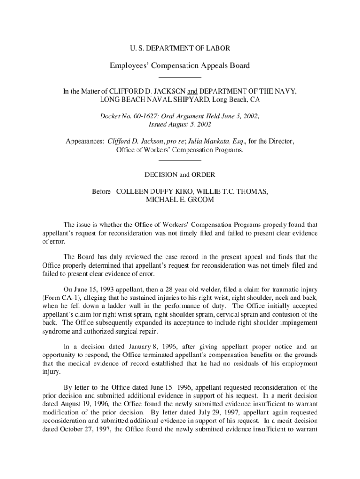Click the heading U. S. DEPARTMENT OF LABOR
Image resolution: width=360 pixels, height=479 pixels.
tap(180, 48)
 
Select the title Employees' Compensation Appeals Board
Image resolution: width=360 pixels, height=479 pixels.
tap(180, 65)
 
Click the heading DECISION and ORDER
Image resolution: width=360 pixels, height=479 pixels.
tap(180, 175)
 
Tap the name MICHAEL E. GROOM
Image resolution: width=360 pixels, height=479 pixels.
tap(180, 200)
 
